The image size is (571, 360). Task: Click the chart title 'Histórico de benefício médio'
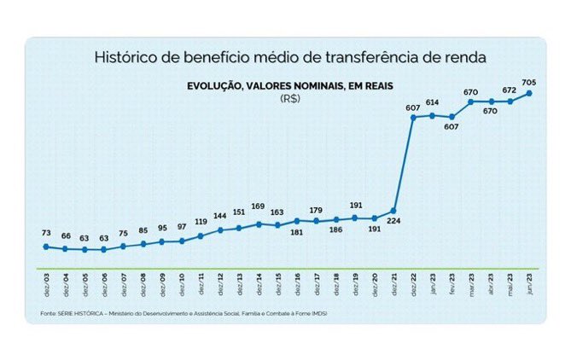pyautogui.click(x=289, y=57)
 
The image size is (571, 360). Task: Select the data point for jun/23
pyautogui.click(x=530, y=93)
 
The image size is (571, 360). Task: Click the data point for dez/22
pyautogui.click(x=413, y=117)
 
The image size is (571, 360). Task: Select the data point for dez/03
pyautogui.click(x=45, y=247)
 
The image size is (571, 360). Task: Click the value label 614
pyautogui.click(x=432, y=102)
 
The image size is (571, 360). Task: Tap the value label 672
pyautogui.click(x=510, y=89)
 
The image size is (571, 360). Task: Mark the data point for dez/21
pyautogui.click(x=393, y=210)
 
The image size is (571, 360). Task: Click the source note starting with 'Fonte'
pyautogui.click(x=184, y=314)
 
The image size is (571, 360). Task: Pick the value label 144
pyautogui.click(x=219, y=216)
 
